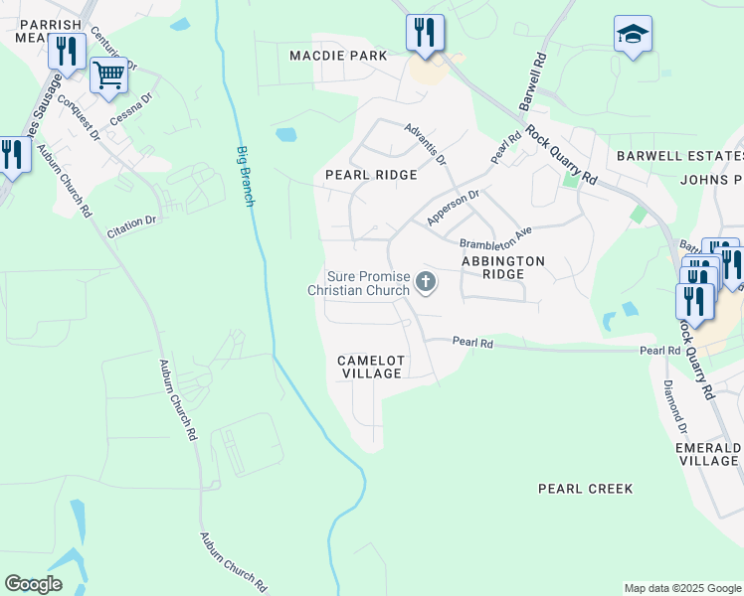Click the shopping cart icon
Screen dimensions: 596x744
point(107,74)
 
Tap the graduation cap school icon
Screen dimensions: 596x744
point(633,34)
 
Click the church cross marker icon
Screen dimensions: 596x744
point(426,283)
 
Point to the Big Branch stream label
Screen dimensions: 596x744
point(245,176)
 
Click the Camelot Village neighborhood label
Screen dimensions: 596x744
point(369,367)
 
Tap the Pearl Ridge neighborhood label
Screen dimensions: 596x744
point(371,174)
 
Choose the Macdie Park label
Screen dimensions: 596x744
point(338,56)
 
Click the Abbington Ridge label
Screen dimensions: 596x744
point(503,268)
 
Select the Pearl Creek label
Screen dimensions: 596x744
point(585,489)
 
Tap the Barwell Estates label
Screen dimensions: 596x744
point(679,156)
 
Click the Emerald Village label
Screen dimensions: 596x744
point(707,454)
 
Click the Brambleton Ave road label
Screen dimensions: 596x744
point(495,237)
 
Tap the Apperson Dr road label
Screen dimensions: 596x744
point(453,206)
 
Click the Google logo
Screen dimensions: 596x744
point(33,584)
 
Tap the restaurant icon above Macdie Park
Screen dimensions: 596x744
point(424,32)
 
